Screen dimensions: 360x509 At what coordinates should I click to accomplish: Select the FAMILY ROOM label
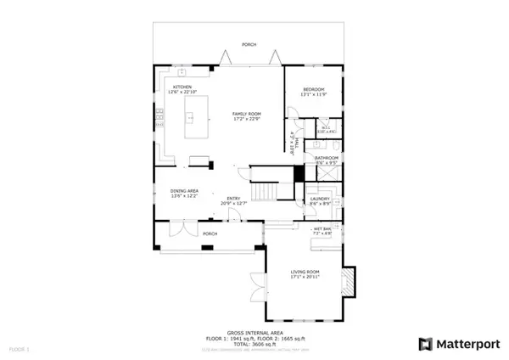[249, 115]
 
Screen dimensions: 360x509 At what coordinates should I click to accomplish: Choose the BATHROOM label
[327, 159]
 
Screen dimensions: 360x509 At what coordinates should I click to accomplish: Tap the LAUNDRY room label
[321, 200]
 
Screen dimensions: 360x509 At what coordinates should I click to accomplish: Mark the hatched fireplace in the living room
[348, 283]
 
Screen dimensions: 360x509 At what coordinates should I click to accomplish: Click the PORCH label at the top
[249, 44]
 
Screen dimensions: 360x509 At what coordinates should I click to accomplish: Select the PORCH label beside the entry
[210, 233]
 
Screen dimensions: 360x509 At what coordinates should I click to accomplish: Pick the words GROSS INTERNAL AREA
[249, 332]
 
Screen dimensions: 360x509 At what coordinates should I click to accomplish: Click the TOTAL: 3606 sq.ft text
[249, 342]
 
